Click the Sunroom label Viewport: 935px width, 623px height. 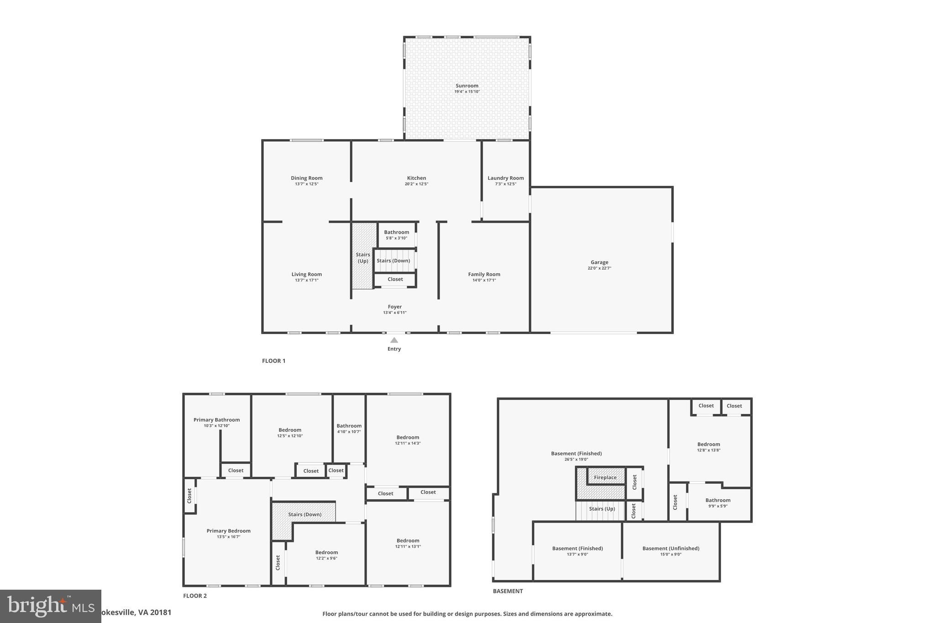[467, 86]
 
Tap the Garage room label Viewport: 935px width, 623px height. [599, 262]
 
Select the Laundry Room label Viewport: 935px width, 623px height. [505, 178]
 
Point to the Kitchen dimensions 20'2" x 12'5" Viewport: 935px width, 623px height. [416, 184]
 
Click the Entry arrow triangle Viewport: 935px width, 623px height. [394, 340]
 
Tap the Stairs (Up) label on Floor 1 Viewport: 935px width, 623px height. [363, 258]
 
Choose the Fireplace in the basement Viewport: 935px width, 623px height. [605, 477]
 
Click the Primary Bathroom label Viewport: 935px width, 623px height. [216, 420]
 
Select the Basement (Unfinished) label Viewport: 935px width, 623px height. [671, 548]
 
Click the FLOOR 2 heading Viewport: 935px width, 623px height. [195, 596]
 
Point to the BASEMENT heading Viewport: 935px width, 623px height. [508, 591]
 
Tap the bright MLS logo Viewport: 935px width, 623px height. [50, 606]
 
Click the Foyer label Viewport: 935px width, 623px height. [394, 307]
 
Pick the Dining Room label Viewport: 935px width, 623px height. [306, 178]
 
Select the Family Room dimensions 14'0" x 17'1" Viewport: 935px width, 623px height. [484, 280]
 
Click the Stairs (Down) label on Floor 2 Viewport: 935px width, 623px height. [305, 514]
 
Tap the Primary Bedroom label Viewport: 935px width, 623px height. [228, 531]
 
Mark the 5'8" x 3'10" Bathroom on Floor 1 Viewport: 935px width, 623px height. [396, 235]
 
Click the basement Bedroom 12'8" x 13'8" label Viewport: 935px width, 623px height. [709, 444]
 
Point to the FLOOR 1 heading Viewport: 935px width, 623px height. [273, 361]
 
